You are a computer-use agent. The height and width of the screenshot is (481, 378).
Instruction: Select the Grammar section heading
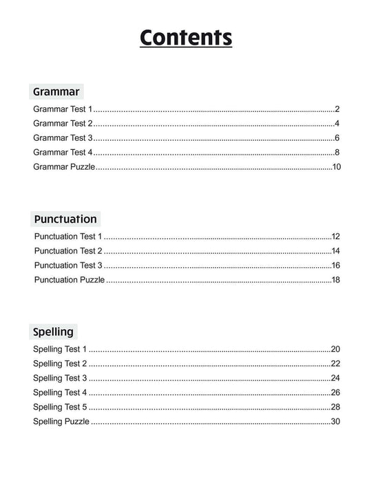(x=56, y=91)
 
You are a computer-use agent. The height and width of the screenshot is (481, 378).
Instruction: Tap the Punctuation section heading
(x=65, y=219)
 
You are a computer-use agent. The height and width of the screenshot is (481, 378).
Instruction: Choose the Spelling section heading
(x=53, y=332)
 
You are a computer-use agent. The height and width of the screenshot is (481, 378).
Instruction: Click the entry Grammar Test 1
(x=62, y=109)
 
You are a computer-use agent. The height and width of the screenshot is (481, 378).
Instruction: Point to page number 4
(x=337, y=124)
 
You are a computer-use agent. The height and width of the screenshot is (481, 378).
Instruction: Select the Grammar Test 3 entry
(x=62, y=138)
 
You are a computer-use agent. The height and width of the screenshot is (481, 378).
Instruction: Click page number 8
(x=337, y=153)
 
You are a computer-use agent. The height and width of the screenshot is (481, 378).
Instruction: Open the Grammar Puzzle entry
(x=64, y=167)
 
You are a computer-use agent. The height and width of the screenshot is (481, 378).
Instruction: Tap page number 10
(x=336, y=167)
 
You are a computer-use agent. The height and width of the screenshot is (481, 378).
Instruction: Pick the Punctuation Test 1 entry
(x=67, y=236)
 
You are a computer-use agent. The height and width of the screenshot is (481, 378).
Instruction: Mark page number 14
(x=336, y=251)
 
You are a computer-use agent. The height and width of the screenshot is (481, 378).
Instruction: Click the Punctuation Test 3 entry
(x=68, y=265)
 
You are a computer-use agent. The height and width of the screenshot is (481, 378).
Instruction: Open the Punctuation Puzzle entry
(x=70, y=280)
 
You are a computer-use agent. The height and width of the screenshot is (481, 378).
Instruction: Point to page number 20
(x=335, y=349)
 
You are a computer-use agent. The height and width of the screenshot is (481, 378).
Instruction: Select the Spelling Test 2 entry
(x=60, y=363)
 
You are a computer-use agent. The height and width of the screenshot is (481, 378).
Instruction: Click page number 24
(x=335, y=378)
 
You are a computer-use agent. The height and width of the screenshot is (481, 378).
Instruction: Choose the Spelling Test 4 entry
(x=60, y=392)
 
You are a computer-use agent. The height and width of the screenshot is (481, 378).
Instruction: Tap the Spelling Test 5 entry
(x=60, y=407)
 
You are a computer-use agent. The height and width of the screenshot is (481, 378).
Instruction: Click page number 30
(x=335, y=421)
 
